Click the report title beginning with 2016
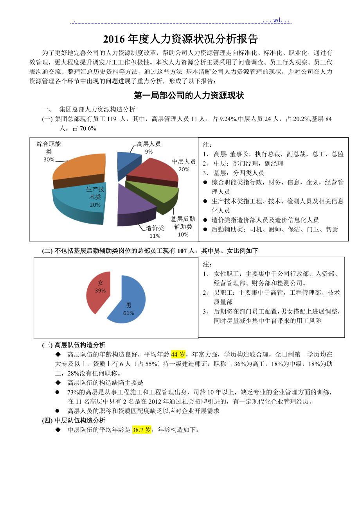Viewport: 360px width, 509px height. [x=180, y=39]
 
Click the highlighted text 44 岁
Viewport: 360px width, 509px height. [x=178, y=355]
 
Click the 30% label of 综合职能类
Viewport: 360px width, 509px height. [x=49, y=160]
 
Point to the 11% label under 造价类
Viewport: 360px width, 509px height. [x=155, y=236]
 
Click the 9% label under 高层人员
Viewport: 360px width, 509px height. [x=149, y=151]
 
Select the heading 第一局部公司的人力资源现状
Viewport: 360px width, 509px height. [x=189, y=95]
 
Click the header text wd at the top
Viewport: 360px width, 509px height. [x=277, y=20]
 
